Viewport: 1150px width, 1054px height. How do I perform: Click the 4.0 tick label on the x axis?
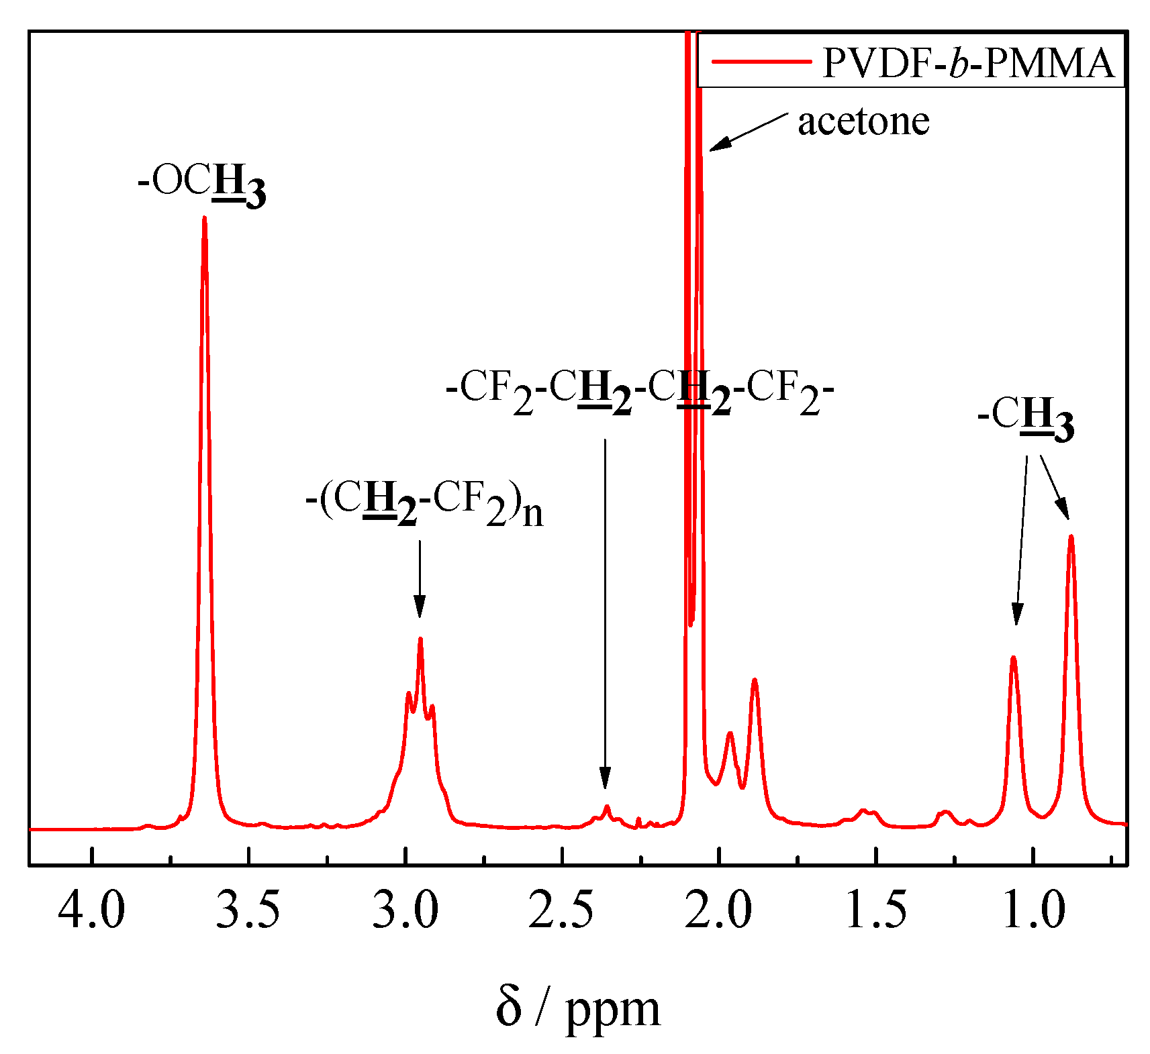[91, 910]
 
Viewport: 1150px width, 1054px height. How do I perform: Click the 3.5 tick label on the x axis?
[248, 910]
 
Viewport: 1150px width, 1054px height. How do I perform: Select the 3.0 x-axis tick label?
[405, 910]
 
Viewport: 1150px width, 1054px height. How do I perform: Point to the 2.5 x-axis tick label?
[561, 910]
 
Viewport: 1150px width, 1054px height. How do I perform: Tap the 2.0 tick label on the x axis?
[718, 910]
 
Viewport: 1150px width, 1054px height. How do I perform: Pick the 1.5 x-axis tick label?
[876, 910]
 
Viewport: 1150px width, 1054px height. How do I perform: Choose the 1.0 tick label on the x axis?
[1033, 910]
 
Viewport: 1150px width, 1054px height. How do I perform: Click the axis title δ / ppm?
[578, 1008]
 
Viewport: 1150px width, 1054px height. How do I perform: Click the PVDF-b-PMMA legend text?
[969, 63]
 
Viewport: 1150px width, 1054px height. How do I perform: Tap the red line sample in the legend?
[761, 62]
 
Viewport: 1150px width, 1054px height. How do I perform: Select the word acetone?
[863, 121]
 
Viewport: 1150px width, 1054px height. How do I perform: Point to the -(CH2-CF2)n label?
[424, 505]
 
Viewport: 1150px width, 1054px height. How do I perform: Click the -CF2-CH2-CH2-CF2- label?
[640, 394]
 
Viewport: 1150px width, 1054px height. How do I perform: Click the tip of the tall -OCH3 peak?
[204, 218]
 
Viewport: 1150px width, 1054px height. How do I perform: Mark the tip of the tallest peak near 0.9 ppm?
[1071, 536]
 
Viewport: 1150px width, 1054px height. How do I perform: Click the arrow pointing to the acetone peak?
[748, 131]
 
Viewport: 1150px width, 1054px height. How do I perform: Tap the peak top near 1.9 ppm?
[755, 680]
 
